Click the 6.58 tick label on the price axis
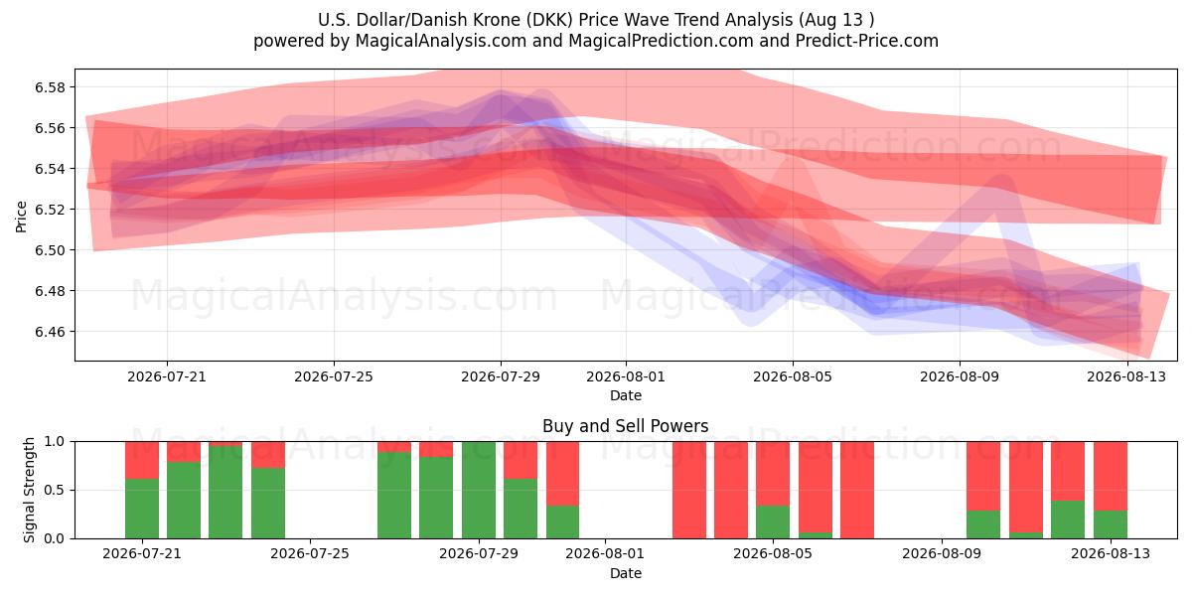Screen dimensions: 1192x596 50,87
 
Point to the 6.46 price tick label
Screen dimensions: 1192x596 50,332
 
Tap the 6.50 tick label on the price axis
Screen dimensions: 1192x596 50,250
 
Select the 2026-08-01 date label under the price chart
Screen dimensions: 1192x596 626,376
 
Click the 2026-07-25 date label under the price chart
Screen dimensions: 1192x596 334,376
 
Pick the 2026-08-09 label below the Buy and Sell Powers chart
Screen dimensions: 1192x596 942,553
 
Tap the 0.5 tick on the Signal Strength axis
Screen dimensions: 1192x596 55,490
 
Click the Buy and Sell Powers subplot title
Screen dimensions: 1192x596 625,426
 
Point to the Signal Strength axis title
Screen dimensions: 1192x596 29,490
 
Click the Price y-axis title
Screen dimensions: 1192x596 21,217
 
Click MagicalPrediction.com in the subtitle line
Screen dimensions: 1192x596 661,41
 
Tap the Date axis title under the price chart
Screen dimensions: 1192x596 625,395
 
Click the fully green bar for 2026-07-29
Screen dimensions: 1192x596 479,490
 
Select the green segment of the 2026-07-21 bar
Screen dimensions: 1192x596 142,509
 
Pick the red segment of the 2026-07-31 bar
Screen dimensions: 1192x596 562,474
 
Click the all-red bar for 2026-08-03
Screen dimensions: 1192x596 689,490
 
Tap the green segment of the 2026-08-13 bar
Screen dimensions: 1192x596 1111,524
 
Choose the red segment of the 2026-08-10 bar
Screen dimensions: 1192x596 983,476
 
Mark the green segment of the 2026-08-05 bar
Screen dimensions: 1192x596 773,522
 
